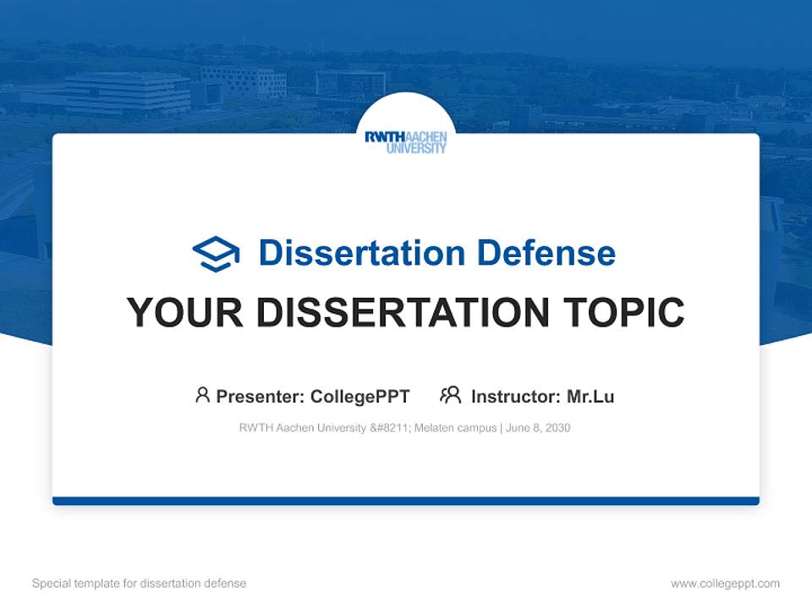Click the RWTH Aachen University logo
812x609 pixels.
pos(406,141)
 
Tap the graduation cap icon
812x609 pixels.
pos(216,253)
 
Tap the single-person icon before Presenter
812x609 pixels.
pos(202,395)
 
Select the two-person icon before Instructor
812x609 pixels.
pos(451,395)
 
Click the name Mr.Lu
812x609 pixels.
pos(590,396)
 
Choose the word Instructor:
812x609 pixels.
pos(516,396)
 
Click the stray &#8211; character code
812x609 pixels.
pos(390,428)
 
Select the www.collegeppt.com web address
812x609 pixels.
pos(725,584)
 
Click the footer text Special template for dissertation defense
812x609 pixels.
pos(140,584)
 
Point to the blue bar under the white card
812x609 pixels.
pos(406,501)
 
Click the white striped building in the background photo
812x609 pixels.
pos(127,93)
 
